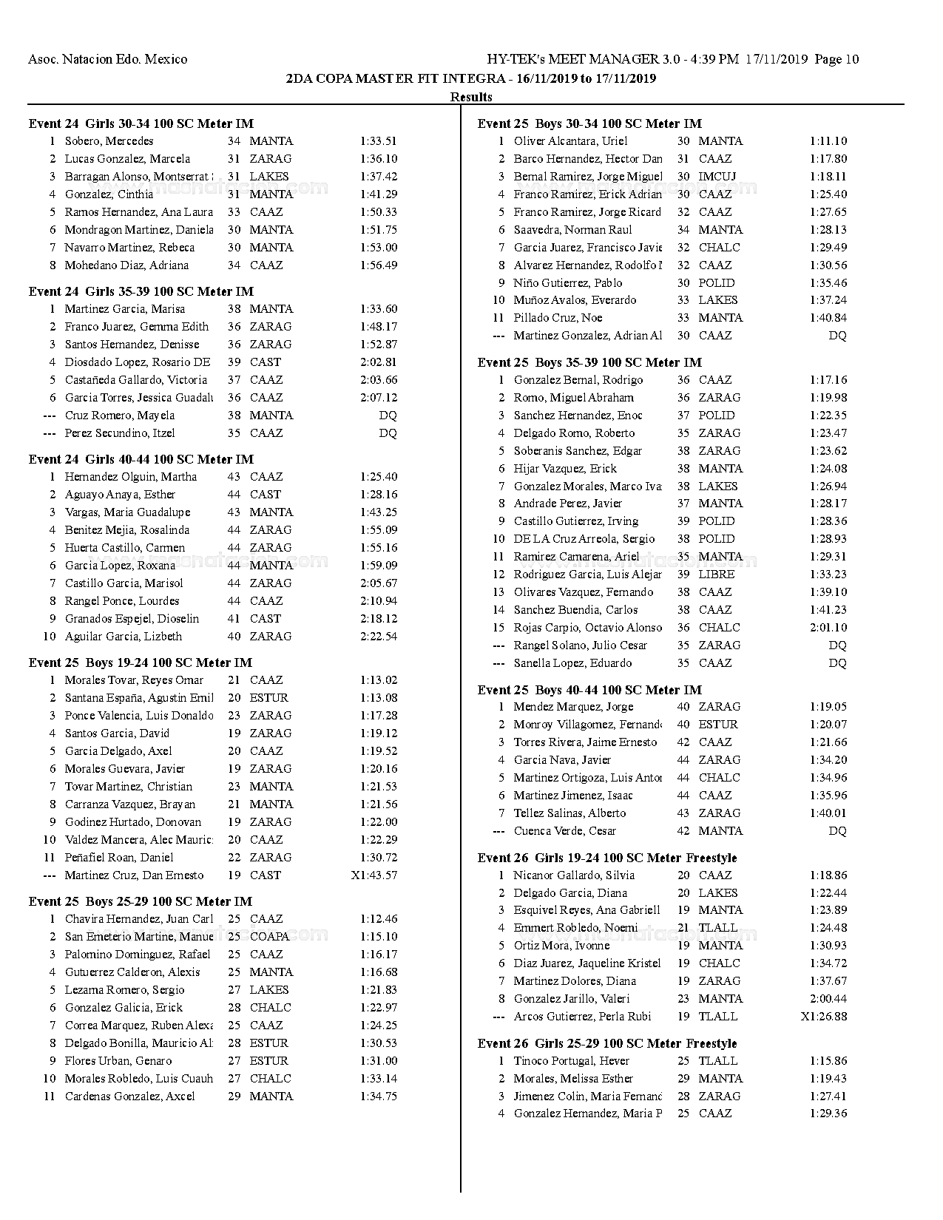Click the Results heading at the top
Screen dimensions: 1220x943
pyautogui.click(x=471, y=97)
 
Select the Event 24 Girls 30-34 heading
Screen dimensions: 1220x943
pyautogui.click(x=141, y=123)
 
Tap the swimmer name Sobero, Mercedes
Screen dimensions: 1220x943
pyautogui.click(x=109, y=141)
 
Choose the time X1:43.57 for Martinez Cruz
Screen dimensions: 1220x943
pyautogui.click(x=374, y=875)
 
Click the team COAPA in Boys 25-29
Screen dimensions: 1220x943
pyautogui.click(x=269, y=937)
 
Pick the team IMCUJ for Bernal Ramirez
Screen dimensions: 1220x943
pyautogui.click(x=717, y=177)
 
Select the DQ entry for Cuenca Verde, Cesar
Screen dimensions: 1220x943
pyautogui.click(x=837, y=831)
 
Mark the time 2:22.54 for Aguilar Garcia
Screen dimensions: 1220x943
pyautogui.click(x=379, y=637)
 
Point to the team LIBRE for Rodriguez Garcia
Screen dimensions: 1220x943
pyautogui.click(x=717, y=575)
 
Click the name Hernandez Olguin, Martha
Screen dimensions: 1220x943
pyautogui.click(x=130, y=477)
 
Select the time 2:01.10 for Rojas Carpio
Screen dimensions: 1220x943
pyautogui.click(x=828, y=628)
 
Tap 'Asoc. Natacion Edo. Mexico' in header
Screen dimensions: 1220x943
pyautogui.click(x=107, y=59)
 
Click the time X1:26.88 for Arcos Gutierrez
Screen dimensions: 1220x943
pyautogui.click(x=823, y=1017)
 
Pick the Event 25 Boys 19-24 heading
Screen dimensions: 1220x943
pyautogui.click(x=140, y=662)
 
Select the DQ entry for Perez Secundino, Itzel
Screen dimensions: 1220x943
pyautogui.click(x=388, y=433)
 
